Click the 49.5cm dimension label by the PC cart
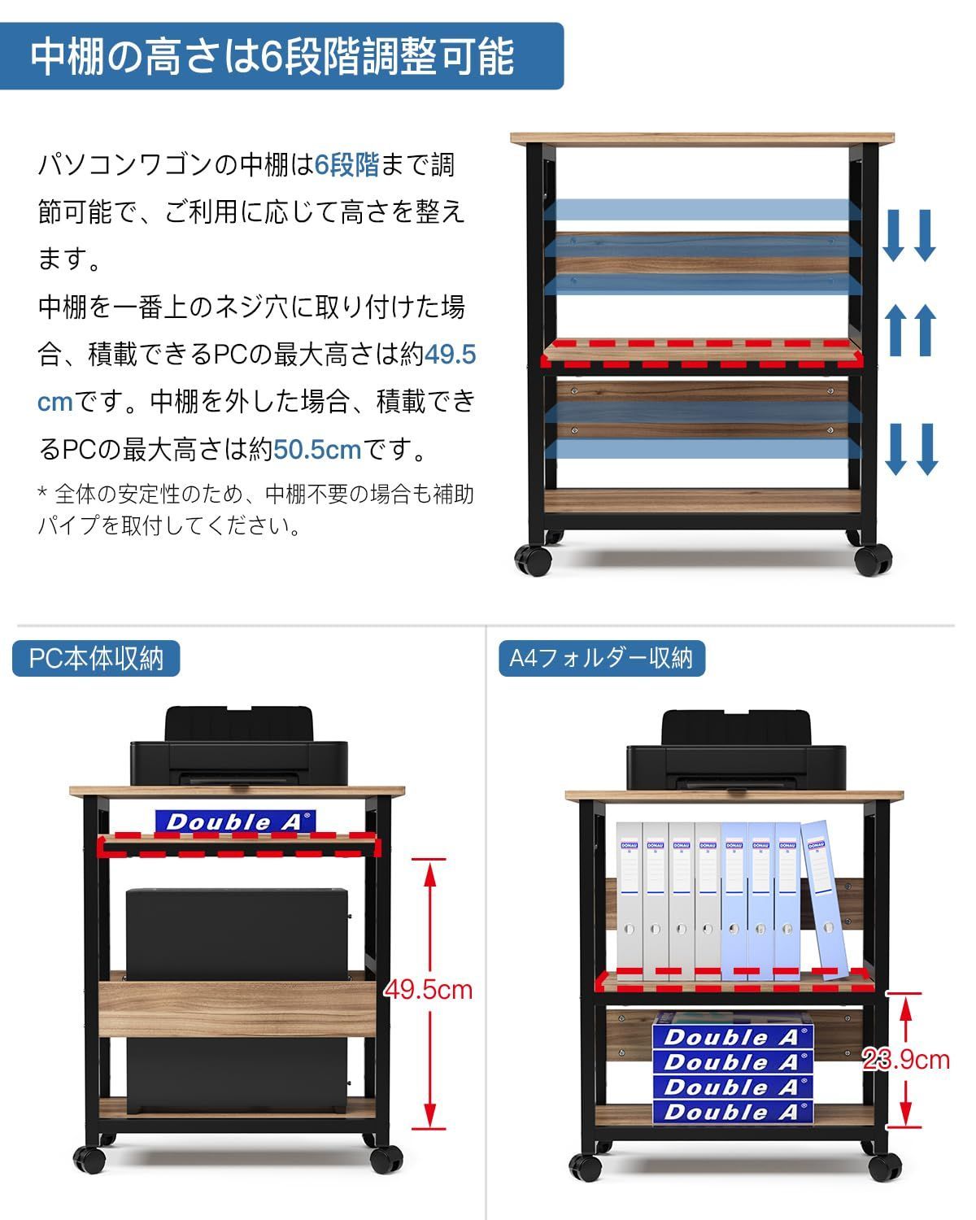click(428, 989)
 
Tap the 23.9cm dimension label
click(907, 1059)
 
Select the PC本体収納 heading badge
click(96, 658)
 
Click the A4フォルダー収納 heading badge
click(601, 658)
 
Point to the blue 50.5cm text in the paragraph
click(317, 449)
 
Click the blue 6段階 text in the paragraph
click(347, 165)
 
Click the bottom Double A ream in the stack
click(732, 1112)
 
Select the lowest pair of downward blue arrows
click(911, 449)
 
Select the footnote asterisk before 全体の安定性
click(43, 494)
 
